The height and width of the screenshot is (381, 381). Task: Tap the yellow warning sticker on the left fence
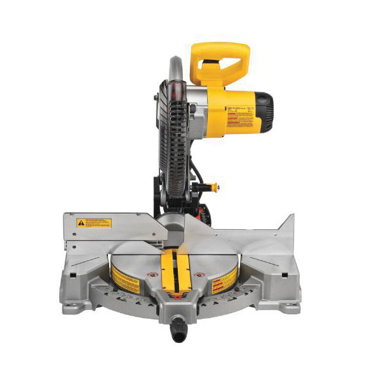click(94, 223)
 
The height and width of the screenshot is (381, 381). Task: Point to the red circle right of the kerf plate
click(197, 274)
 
